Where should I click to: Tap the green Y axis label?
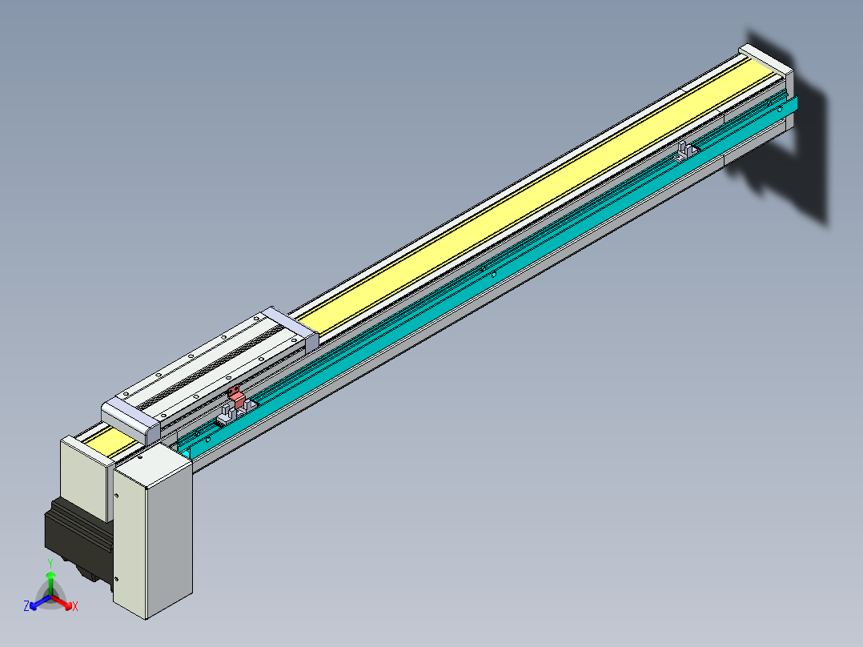coord(50,564)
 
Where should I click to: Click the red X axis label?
coord(75,607)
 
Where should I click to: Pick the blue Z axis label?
coord(26,606)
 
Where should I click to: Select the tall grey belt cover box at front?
coord(153,532)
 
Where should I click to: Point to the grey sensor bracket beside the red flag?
coord(226,415)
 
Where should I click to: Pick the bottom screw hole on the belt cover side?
coord(117,578)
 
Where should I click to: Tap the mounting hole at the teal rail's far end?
coord(781,107)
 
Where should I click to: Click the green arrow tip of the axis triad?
coord(50,575)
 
